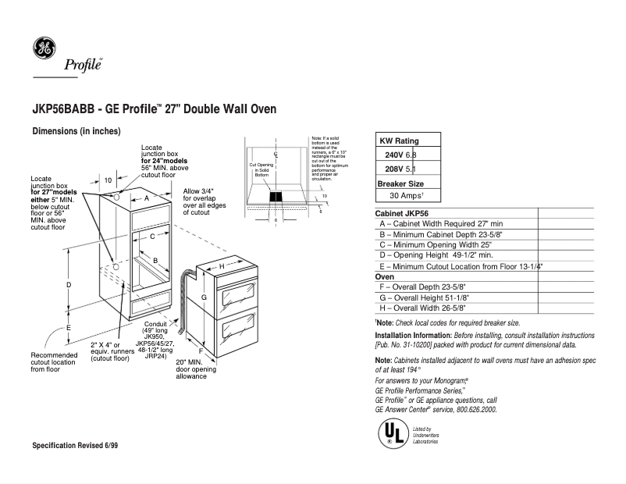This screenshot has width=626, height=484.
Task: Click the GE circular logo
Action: tap(44, 48)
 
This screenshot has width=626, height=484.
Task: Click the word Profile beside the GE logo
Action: tap(84, 65)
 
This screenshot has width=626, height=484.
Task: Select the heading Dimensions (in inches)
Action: tap(76, 131)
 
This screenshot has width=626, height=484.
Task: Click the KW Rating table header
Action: tap(399, 141)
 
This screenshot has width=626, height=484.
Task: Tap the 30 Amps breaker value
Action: tap(407, 195)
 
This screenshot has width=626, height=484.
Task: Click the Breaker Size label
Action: tap(400, 183)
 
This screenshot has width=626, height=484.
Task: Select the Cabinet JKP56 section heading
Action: tap(404, 213)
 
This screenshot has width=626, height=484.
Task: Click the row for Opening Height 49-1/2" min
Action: tap(436, 255)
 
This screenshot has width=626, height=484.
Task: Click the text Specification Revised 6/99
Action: tap(75, 445)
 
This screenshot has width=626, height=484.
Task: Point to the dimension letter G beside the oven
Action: tap(204, 297)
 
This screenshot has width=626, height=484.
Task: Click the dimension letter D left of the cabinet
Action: tap(69, 286)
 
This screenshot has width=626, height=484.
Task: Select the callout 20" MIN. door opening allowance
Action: tap(190, 369)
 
